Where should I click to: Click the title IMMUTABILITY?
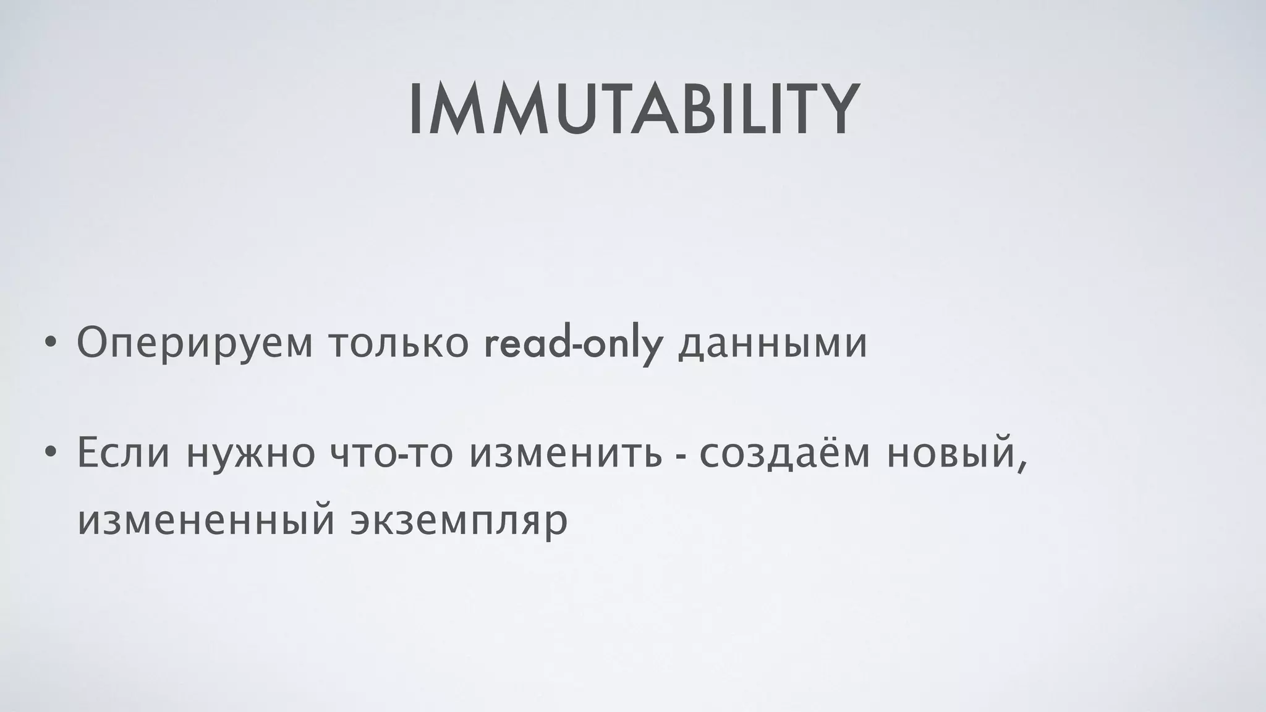point(633,111)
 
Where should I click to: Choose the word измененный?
point(206,521)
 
